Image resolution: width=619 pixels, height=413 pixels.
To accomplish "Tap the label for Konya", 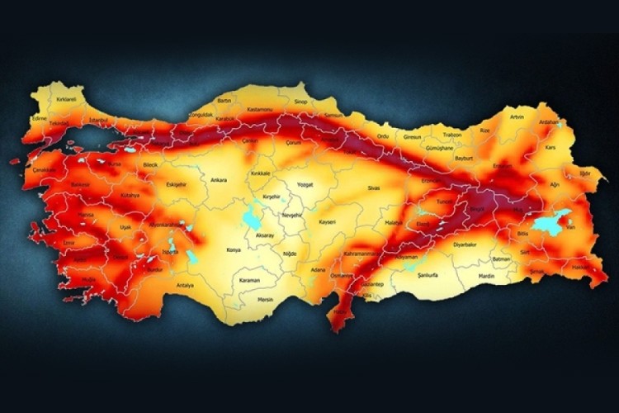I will coord(234,249).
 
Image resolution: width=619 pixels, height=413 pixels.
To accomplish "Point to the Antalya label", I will coord(185,285).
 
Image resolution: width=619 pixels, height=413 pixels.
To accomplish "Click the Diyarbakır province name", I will coord(465,244).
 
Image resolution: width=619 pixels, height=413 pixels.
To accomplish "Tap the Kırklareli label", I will coord(66,100).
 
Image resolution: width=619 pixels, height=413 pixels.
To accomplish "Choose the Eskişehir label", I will coord(177,184).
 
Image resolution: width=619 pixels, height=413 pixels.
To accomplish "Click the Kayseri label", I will coord(328,223).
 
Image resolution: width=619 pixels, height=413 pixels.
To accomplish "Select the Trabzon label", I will coord(451,135).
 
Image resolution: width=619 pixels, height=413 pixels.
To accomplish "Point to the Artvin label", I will coord(517,117).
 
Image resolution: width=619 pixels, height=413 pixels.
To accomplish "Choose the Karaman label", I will coord(249,280).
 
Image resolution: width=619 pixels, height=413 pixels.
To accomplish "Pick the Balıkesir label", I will coord(79,184).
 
